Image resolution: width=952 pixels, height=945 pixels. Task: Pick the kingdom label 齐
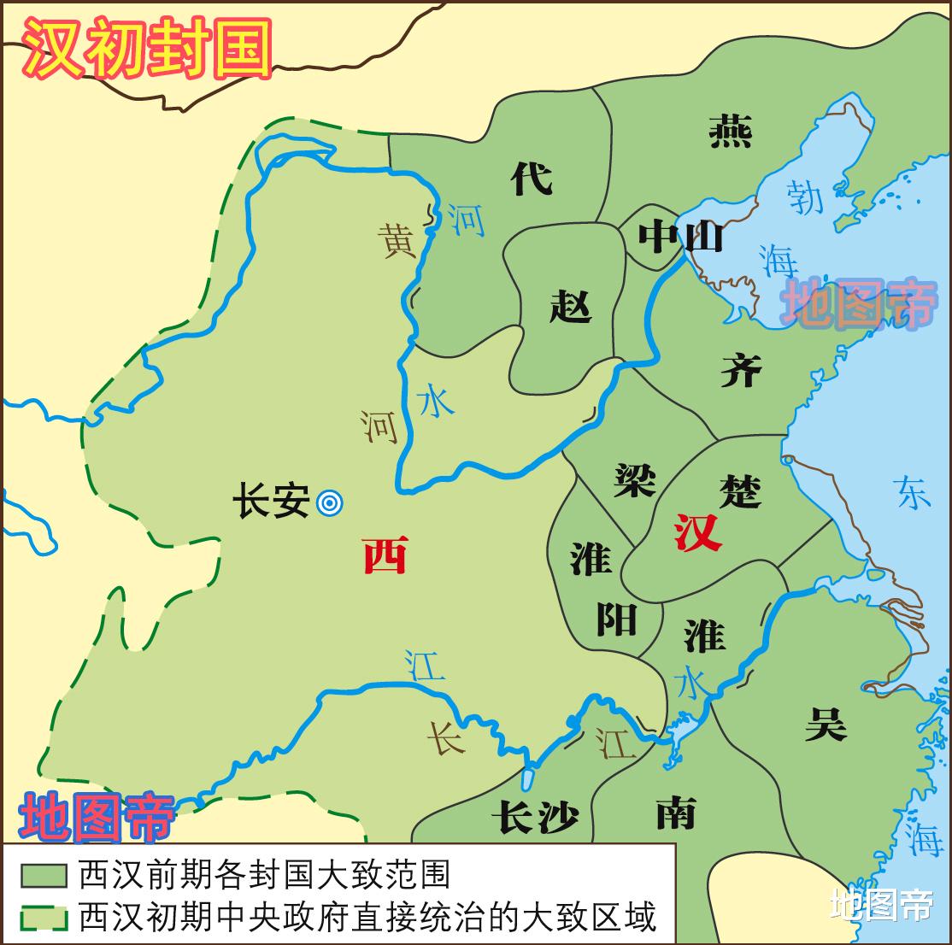pyautogui.click(x=740, y=370)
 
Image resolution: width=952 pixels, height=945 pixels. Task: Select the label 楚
pyautogui.click(x=740, y=490)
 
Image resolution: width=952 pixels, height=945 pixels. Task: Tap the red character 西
pyautogui.click(x=385, y=555)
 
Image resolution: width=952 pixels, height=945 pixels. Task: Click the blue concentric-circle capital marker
pyautogui.click(x=329, y=503)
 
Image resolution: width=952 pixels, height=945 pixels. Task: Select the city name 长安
pyautogui.click(x=272, y=502)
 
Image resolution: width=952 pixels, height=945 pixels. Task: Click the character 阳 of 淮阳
pyautogui.click(x=615, y=618)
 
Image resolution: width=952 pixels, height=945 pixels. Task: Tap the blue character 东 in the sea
pyautogui.click(x=912, y=492)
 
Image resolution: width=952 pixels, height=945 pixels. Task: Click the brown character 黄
pyautogui.click(x=398, y=240)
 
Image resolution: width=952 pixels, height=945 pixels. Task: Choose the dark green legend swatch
pyautogui.click(x=44, y=876)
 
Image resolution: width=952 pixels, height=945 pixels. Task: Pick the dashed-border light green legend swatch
pyautogui.click(x=44, y=917)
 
